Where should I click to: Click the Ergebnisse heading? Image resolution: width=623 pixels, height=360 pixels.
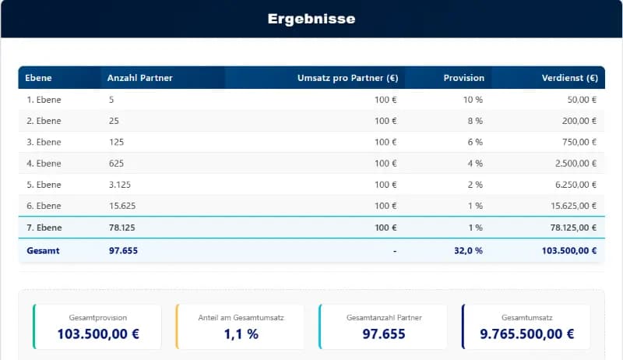(x=311, y=19)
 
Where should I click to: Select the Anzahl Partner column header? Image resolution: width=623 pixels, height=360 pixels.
(x=140, y=78)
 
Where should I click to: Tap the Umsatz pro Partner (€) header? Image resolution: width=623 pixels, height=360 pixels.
(x=347, y=78)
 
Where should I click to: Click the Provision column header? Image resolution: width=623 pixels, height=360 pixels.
(x=463, y=78)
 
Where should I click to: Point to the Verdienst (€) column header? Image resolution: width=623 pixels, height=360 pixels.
(x=569, y=78)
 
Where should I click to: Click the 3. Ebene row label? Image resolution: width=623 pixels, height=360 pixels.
(x=44, y=142)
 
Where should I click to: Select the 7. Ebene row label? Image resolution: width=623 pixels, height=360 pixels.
(x=44, y=228)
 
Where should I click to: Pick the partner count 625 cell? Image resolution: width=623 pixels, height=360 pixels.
(x=117, y=164)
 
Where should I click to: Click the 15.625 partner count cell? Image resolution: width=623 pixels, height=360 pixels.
(x=123, y=206)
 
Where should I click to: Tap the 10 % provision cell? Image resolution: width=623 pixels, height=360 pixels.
(x=473, y=100)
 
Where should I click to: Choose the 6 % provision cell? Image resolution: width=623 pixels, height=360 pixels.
(x=475, y=142)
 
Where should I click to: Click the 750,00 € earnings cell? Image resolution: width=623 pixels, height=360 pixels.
(x=579, y=142)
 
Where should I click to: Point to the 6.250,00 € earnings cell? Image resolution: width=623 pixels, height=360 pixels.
(x=574, y=185)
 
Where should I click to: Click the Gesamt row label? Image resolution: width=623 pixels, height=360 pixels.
(x=43, y=251)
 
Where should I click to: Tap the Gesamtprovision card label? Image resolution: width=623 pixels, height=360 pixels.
(x=97, y=318)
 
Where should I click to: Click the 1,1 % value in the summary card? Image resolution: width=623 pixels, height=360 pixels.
(x=240, y=334)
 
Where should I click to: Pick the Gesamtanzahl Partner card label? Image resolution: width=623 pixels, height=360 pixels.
(x=384, y=318)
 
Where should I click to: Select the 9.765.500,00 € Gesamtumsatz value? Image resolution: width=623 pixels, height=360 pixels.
(x=527, y=334)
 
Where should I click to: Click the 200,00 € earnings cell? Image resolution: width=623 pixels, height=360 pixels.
(x=579, y=121)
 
